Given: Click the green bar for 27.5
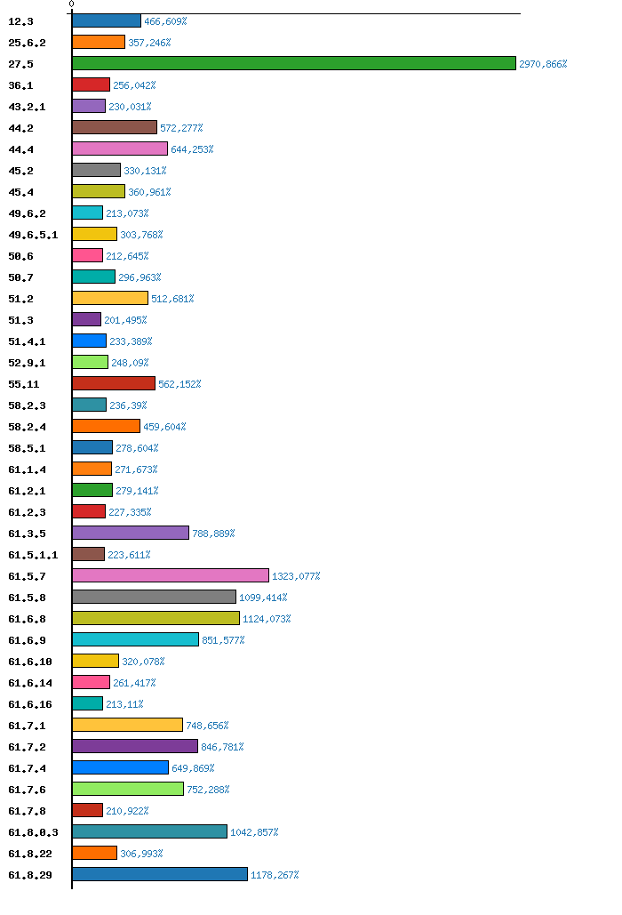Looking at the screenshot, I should (293, 63).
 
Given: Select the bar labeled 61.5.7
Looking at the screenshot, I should (171, 575).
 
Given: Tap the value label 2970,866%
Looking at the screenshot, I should (543, 64).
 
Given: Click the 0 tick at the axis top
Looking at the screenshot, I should (72, 4).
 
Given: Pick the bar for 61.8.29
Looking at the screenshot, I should (160, 874).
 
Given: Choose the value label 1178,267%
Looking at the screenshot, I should (275, 875).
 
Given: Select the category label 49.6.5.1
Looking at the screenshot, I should (33, 235).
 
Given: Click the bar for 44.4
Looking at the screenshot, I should (120, 148).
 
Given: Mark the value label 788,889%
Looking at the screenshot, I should (213, 534).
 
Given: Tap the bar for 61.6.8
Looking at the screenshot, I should (155, 618).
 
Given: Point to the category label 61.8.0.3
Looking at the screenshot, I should (33, 832).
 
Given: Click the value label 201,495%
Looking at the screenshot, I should (125, 320).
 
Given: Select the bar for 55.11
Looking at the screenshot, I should (114, 383).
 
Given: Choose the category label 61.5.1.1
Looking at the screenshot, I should (33, 555).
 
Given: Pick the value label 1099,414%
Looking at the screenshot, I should (263, 598).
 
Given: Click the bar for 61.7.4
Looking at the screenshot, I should (121, 767).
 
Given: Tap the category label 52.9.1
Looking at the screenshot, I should (27, 363).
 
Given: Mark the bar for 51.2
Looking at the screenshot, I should (110, 298).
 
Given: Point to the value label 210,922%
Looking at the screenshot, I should (127, 811).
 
